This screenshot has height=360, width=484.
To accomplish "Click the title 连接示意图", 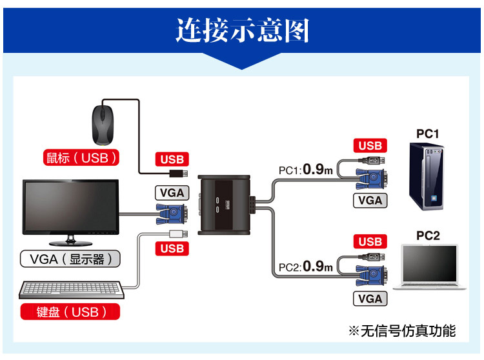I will [242, 30].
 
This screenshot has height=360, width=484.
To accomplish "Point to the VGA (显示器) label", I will [71, 259].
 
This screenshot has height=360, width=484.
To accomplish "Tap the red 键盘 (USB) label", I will [71, 312].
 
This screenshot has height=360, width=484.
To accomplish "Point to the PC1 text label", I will [427, 134].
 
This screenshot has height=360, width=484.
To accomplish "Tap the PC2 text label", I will [427, 236].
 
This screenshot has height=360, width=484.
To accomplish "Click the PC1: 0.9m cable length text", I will [306, 170].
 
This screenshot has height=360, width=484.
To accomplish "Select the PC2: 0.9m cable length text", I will [306, 266].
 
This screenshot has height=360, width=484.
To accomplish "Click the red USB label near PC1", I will [370, 146].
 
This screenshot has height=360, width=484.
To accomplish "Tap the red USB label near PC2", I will [370, 242].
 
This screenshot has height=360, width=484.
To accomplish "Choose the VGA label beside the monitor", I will [172, 192].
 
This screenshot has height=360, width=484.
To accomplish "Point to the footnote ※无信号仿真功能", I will [401, 331].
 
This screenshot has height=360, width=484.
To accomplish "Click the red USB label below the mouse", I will [172, 159].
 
